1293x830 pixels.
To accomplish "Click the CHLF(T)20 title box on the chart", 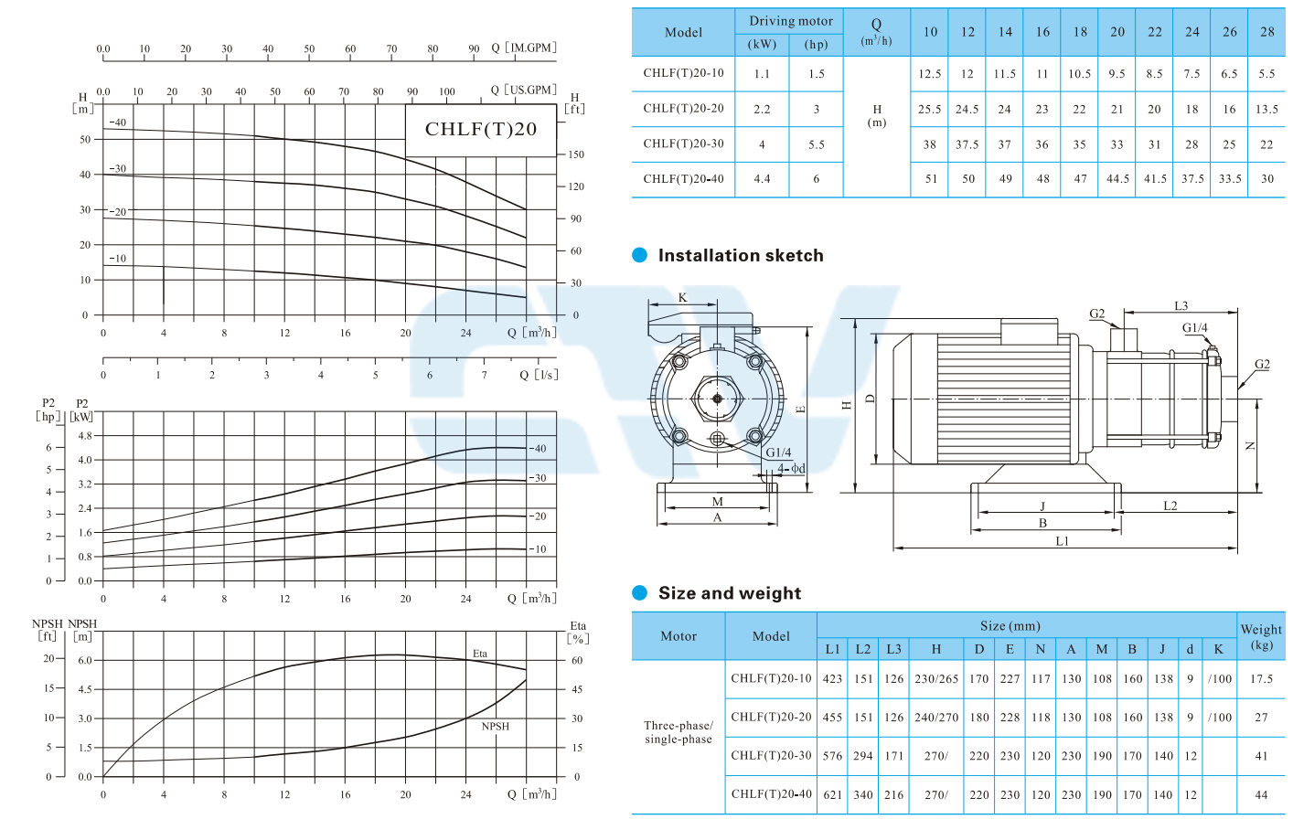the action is [x=481, y=130].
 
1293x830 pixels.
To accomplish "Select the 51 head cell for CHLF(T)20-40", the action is [x=931, y=179].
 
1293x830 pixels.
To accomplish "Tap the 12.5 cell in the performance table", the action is [x=930, y=74].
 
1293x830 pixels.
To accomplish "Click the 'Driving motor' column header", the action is [x=791, y=21].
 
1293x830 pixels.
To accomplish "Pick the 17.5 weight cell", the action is [x=1261, y=679].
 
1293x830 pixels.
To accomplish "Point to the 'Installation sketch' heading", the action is [x=741, y=255].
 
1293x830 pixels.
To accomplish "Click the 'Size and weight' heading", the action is [x=730, y=592].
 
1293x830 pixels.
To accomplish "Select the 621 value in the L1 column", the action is [x=832, y=794].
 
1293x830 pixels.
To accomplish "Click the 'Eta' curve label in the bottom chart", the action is [x=480, y=654].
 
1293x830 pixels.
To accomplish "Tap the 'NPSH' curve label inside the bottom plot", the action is [x=496, y=726].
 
